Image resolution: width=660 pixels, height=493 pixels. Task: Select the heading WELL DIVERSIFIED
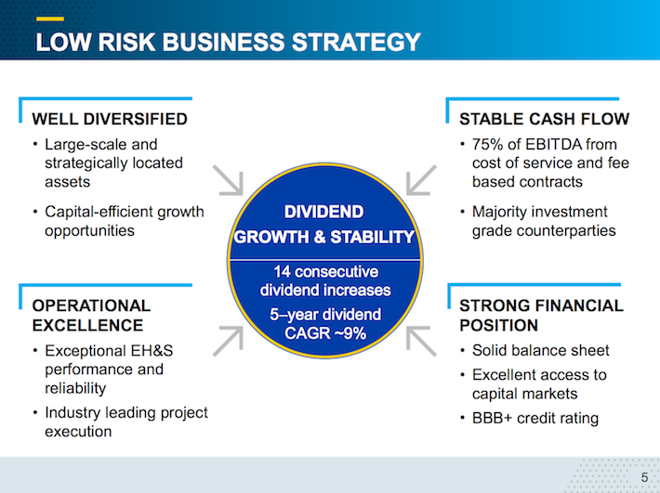(110, 119)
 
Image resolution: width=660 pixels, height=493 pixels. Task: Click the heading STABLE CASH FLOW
(544, 119)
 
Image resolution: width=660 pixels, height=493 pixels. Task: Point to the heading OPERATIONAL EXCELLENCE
(91, 315)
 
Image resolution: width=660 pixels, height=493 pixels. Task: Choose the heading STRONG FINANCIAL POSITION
(541, 315)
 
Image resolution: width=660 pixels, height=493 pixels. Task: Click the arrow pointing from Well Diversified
(228, 180)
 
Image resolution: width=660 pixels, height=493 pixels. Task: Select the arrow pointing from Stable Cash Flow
(421, 180)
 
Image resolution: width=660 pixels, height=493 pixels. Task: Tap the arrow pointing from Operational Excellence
(228, 340)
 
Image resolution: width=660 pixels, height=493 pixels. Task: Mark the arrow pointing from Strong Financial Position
(421, 340)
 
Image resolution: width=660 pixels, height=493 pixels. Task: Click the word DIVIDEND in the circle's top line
(323, 212)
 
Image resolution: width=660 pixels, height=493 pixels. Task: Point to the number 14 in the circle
(282, 272)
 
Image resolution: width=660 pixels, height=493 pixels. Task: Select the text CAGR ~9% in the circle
(324, 333)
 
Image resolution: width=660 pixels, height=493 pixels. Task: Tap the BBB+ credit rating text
(535, 418)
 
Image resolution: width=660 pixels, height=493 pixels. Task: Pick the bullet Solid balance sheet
(540, 350)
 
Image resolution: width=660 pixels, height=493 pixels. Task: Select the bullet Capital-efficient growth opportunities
(123, 221)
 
